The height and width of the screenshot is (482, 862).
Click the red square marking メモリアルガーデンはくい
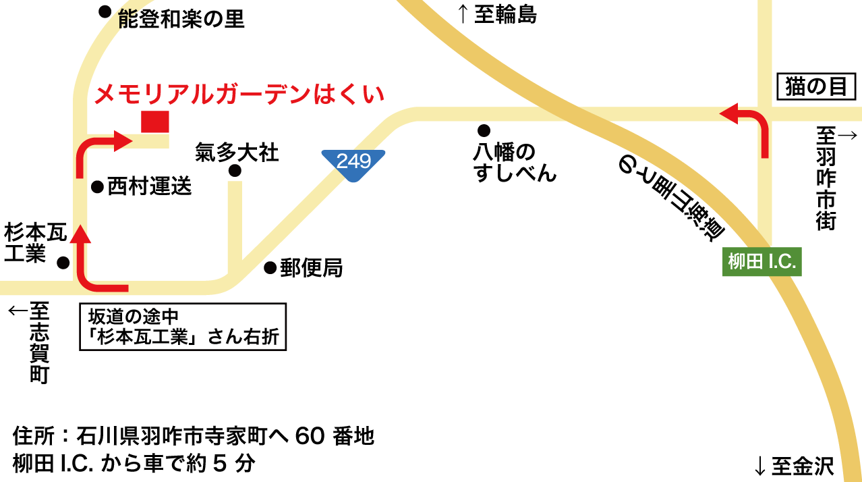[x=154, y=122]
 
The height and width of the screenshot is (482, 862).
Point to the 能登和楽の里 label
[x=181, y=19]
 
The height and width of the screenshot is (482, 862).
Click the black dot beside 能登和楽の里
[x=105, y=11]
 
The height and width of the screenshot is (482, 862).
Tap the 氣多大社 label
[x=237, y=152]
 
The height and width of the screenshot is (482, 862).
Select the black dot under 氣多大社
[x=235, y=171]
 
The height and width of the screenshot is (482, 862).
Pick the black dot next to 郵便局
[x=270, y=268]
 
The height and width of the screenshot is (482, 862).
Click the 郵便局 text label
[x=312, y=268]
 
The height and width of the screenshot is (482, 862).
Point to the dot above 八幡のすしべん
[x=484, y=130]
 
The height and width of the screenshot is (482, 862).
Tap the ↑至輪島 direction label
[x=497, y=14]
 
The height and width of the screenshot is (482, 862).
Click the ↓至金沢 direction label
[x=794, y=466]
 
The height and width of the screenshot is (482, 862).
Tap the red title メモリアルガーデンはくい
[x=239, y=94]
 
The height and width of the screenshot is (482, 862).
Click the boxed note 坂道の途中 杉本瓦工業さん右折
[x=183, y=327]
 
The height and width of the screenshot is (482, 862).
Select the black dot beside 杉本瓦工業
[x=63, y=262]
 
